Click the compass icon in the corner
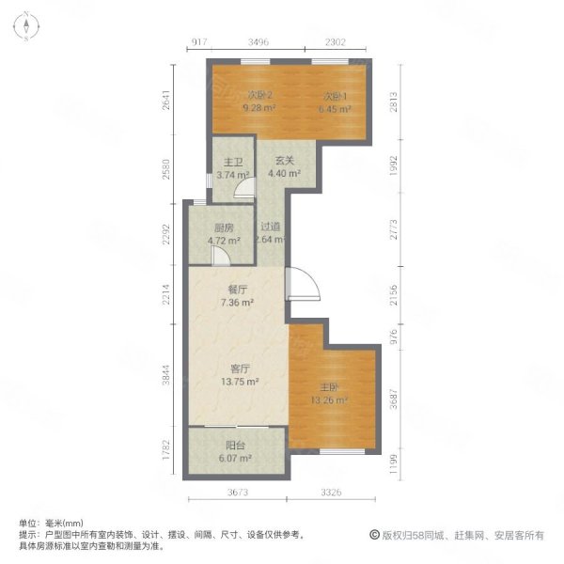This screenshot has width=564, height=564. click(26, 26)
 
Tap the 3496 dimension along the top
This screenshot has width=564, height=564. click(258, 42)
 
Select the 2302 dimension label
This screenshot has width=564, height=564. click(336, 42)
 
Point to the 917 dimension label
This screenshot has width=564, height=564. click(199, 42)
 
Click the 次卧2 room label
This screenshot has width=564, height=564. click(259, 95)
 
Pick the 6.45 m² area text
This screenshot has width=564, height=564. click(335, 109)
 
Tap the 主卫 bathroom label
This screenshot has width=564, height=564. click(233, 163)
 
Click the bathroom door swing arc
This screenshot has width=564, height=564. click(245, 188)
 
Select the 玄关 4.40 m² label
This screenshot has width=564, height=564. click(285, 166)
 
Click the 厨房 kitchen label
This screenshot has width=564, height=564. click(224, 227)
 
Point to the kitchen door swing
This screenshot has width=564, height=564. click(220, 256)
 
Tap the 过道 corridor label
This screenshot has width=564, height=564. click(271, 227)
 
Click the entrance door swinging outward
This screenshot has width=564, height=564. click(303, 284)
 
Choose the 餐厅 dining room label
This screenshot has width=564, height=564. click(238, 290)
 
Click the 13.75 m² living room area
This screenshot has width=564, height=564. click(240, 382)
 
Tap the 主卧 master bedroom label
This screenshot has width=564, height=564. click(330, 387)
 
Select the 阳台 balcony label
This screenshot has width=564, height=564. click(235, 446)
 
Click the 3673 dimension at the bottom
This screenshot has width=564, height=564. click(238, 492)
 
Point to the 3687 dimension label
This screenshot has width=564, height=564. click(394, 399)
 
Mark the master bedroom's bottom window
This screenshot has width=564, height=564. click(342, 451)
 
